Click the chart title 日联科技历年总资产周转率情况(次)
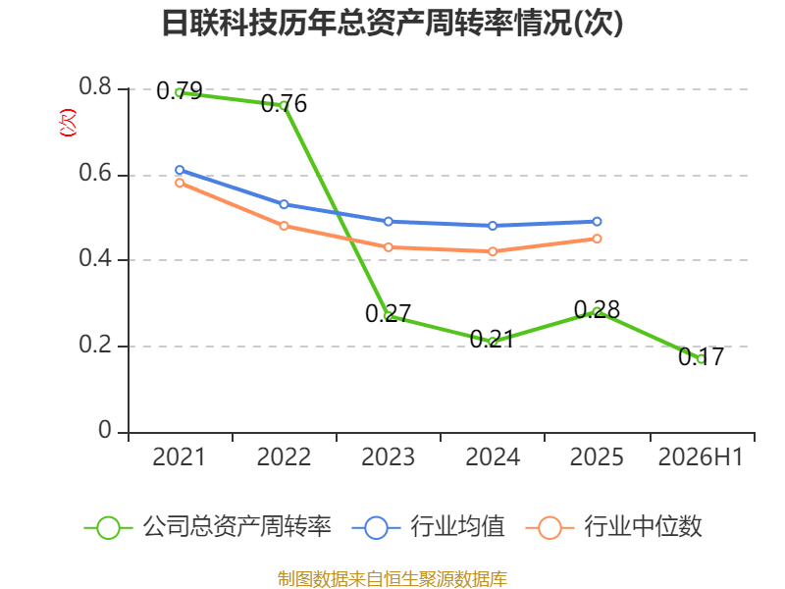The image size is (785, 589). point(392,23)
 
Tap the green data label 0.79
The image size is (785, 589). point(180,90)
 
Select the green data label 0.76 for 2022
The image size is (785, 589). point(284,104)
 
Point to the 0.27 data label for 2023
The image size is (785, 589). point(388,313)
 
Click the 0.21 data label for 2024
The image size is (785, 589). point(493,339)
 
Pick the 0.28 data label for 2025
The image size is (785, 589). point(597,309)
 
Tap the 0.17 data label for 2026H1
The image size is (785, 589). point(701,356)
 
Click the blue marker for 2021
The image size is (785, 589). point(180,170)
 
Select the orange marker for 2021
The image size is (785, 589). point(180,183)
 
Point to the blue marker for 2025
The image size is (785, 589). point(597,222)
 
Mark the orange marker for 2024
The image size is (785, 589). point(493,251)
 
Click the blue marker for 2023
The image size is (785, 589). point(388,222)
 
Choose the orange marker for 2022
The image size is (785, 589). point(284,226)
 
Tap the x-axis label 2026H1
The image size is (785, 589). point(701,457)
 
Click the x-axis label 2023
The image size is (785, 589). point(388,457)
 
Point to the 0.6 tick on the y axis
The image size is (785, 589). point(95,174)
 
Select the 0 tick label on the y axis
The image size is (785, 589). point(105,430)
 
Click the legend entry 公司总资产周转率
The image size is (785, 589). point(207,527)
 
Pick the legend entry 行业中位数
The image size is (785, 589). point(614,527)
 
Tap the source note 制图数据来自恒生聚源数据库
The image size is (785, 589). point(392,579)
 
